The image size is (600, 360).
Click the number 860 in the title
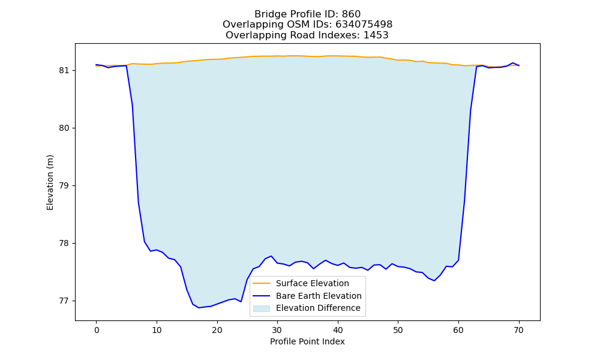[351, 14]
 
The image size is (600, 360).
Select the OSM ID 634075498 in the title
[364, 25]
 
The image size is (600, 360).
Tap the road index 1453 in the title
[376, 35]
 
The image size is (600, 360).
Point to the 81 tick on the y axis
[64, 71]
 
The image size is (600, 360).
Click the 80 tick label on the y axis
[64, 128]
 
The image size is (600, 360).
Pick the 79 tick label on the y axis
[64, 186]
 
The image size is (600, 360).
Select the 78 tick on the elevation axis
[64, 244]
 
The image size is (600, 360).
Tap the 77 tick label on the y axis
[64, 301]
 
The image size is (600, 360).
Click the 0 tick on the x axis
[97, 330]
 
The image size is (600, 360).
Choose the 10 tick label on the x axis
[157, 330]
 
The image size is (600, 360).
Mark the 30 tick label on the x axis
[277, 330]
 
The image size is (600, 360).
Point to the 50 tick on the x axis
[398, 330]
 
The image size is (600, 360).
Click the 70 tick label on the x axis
[518, 330]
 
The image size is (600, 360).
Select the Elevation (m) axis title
[50, 182]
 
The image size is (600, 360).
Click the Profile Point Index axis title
[307, 341]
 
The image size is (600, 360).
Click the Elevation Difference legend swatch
[262, 308]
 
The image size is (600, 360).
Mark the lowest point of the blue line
[199, 308]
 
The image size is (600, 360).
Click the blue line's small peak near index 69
[513, 63]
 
